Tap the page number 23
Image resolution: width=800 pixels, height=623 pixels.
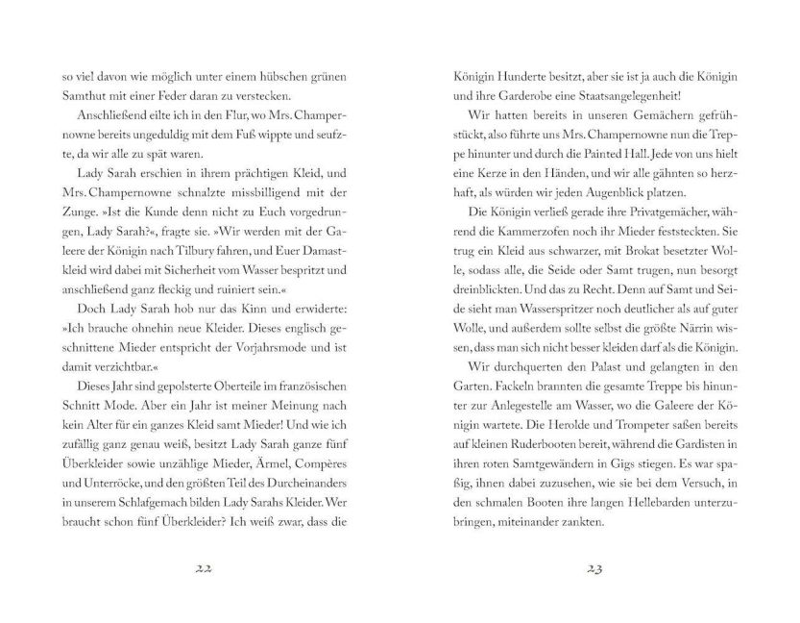click(x=592, y=567)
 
